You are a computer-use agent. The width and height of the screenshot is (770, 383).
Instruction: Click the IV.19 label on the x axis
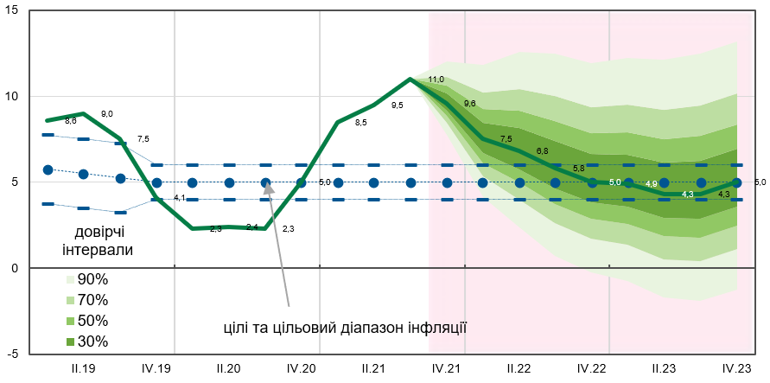pyautogui.click(x=157, y=369)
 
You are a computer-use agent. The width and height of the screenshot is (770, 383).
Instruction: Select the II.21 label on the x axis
pyautogui.click(x=373, y=369)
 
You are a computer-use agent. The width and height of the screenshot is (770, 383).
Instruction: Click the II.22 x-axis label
pyautogui.click(x=519, y=369)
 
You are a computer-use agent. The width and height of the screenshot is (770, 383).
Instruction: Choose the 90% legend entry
pyautogui.click(x=87, y=279)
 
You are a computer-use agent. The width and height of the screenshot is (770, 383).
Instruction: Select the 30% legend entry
pyautogui.click(x=87, y=342)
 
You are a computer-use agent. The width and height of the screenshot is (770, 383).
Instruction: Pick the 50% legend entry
pyautogui.click(x=87, y=321)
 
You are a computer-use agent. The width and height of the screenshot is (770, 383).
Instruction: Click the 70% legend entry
pyautogui.click(x=87, y=300)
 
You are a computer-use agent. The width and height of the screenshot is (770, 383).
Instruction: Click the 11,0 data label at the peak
pyautogui.click(x=436, y=80)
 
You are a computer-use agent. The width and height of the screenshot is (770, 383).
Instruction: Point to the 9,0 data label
pyautogui.click(x=107, y=114)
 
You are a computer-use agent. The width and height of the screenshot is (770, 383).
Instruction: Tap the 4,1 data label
pyautogui.click(x=180, y=199)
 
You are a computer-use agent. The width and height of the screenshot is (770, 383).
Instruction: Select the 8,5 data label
pyautogui.click(x=360, y=123)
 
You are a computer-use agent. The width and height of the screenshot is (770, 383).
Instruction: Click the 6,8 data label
pyautogui.click(x=542, y=151)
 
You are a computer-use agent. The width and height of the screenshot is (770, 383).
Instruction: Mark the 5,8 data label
pyautogui.click(x=578, y=168)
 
